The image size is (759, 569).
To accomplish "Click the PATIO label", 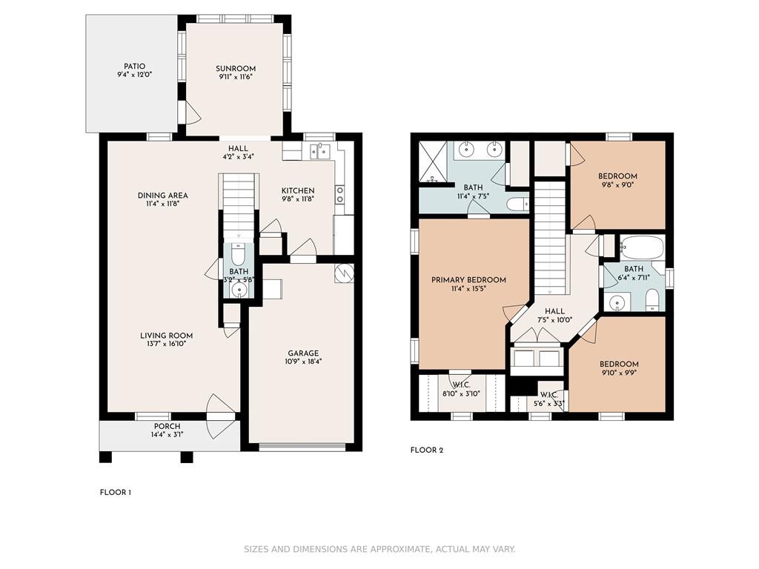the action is pyautogui.click(x=134, y=66).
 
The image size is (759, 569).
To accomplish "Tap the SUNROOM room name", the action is pyautogui.click(x=236, y=69).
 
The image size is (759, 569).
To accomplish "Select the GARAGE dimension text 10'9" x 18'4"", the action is pyautogui.click(x=303, y=362).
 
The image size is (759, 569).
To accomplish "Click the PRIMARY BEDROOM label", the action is pyautogui.click(x=468, y=279).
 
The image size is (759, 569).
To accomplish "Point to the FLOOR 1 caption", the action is pyautogui.click(x=115, y=493).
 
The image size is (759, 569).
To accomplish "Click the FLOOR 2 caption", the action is pyautogui.click(x=426, y=450).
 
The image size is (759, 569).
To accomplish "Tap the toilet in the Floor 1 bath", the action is pyautogui.click(x=238, y=253).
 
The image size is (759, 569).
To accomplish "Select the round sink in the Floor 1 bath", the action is pyautogui.click(x=239, y=290).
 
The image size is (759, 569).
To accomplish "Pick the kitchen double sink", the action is pyautogui.click(x=320, y=151).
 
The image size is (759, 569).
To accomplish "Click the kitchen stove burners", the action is pyautogui.click(x=340, y=195).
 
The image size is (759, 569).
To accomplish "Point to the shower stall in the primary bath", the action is pyautogui.click(x=434, y=162).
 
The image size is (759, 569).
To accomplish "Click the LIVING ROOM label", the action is pyautogui.click(x=167, y=336).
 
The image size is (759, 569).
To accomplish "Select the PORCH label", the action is pyautogui.click(x=167, y=426).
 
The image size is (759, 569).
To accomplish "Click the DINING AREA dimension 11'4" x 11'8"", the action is pyautogui.click(x=162, y=204).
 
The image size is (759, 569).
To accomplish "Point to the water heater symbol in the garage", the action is pyautogui.click(x=344, y=273).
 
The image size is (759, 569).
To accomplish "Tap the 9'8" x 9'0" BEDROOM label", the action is pyautogui.click(x=617, y=176).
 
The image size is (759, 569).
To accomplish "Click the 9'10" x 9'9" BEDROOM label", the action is pyautogui.click(x=619, y=365).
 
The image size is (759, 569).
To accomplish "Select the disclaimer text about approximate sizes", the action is pyautogui.click(x=379, y=549).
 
